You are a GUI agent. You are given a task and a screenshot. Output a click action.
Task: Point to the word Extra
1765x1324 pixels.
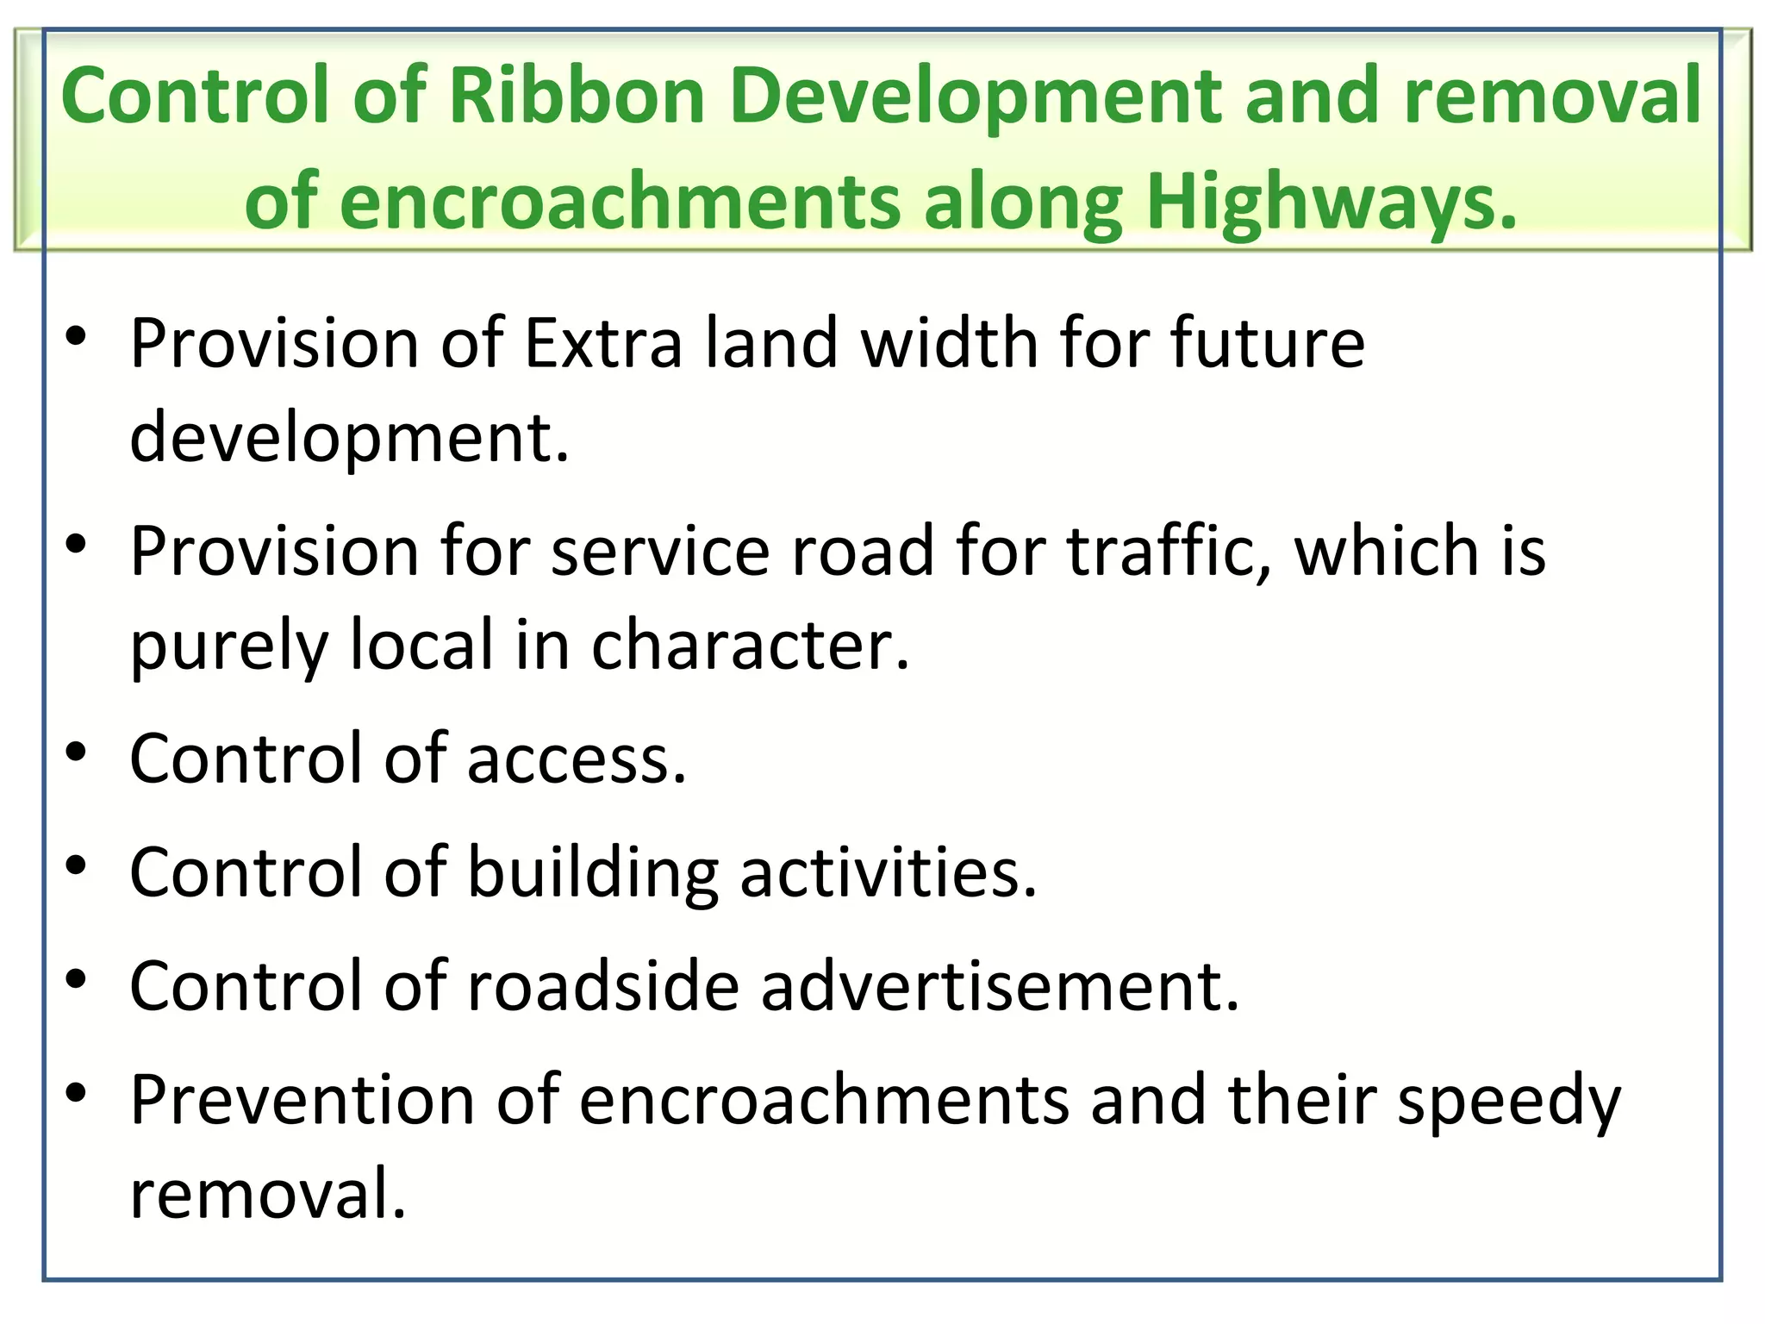(603, 343)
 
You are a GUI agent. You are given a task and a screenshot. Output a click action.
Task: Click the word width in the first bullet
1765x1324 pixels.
(949, 343)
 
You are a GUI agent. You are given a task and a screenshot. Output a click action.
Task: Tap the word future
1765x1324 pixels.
(1268, 343)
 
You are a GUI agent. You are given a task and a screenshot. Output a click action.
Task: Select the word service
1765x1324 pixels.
(660, 551)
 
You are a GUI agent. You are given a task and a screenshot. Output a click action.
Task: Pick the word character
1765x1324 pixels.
(750, 646)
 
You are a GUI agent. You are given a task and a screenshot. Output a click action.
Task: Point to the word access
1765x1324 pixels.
(577, 759)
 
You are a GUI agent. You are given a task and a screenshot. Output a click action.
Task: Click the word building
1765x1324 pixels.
(593, 872)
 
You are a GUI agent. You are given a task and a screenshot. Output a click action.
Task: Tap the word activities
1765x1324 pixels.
(889, 872)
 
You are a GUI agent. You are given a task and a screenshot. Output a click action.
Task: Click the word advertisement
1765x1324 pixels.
(1001, 986)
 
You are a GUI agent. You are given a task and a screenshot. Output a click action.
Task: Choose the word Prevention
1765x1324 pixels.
(302, 1100)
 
